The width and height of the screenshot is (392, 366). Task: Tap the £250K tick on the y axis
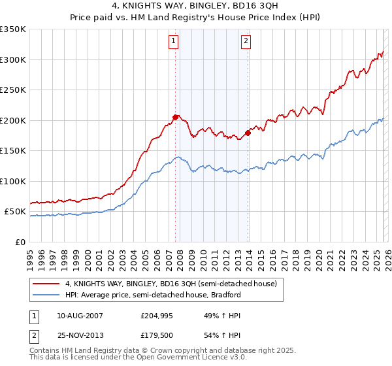click(13, 90)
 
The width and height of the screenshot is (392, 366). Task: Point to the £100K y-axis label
click(13, 181)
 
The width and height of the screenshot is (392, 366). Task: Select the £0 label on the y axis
click(20, 242)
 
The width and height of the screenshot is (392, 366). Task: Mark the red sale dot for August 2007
click(175, 117)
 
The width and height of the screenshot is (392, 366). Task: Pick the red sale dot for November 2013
click(248, 133)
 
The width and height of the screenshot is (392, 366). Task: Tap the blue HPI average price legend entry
click(153, 295)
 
